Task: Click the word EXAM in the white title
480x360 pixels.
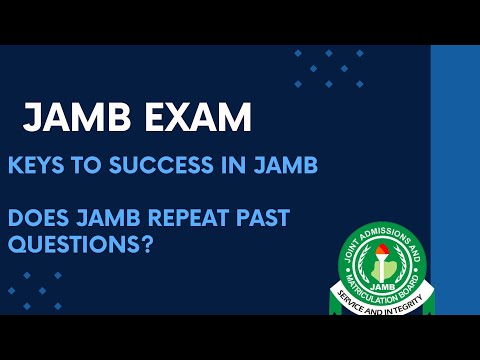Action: click(196, 118)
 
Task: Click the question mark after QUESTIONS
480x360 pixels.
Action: click(146, 243)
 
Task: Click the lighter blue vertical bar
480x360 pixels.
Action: click(455, 180)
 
